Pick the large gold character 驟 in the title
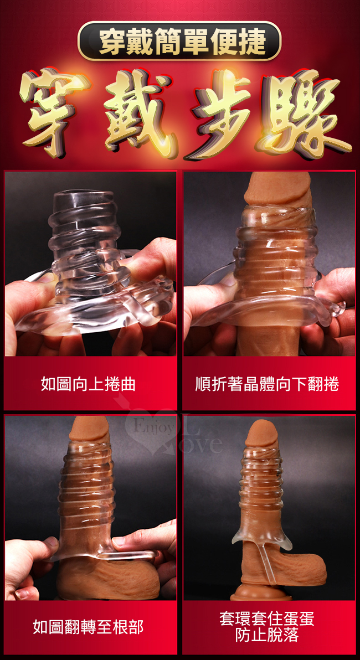point(305,114)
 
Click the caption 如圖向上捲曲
point(88,384)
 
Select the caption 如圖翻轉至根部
point(88,626)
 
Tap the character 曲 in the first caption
point(127,384)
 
